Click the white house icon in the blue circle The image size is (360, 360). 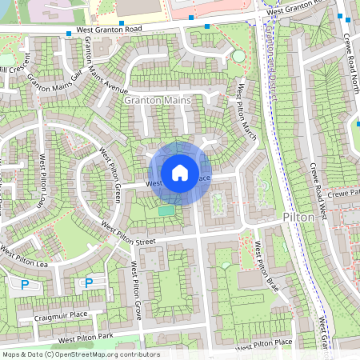[x=180, y=172]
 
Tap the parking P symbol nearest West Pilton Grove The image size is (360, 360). [x=89, y=282]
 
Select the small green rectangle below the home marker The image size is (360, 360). [x=166, y=210]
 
